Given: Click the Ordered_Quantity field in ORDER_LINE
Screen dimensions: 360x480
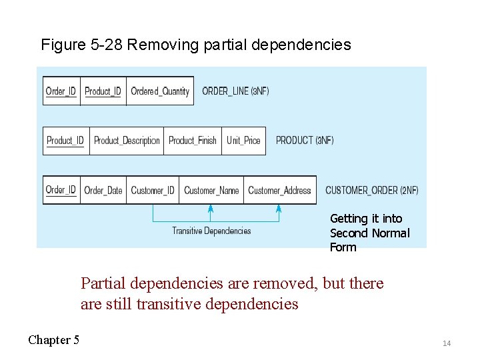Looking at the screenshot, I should pos(160,91).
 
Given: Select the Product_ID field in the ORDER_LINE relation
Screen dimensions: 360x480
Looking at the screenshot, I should pos(103,91).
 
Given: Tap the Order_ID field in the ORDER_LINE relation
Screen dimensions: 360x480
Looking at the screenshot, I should pos(61,91).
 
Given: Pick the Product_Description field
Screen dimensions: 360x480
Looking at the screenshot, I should pos(127,141).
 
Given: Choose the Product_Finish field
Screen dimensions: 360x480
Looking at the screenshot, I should pos(193,141).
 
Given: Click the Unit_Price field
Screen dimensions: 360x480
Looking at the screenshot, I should pos(243,141).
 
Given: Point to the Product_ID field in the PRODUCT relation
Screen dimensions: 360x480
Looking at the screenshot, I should pos(65,141).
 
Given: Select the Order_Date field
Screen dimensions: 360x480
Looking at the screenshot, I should pos(103,190).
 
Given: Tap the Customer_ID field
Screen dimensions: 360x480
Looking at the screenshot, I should pos(153,190).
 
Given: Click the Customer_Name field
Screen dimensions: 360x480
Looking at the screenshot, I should pos(211,190).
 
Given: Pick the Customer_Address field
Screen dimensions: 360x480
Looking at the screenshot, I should pos(279,190).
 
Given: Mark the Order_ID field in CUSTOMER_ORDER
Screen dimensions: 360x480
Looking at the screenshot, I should pos(61,190).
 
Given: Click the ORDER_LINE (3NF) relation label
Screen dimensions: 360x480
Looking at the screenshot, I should pos(235,91).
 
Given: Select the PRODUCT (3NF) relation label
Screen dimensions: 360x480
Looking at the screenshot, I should pos(305,141).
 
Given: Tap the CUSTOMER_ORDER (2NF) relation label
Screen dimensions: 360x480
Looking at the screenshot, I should pos(372,190).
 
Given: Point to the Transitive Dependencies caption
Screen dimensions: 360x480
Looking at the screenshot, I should pos(211,231).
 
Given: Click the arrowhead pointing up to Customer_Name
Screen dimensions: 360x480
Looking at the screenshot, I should pos(210,209).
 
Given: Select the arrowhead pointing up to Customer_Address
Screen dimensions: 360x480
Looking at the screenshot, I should pos(279,209).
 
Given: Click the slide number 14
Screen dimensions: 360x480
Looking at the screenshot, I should pos(447,343).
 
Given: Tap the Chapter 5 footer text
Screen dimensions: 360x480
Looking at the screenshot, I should pos(53,340).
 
